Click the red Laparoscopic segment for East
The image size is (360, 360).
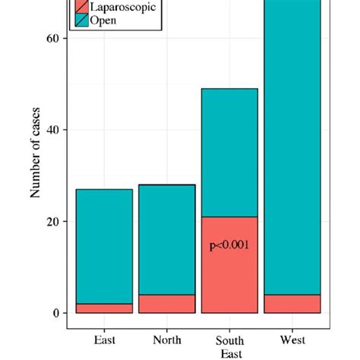click(104, 308)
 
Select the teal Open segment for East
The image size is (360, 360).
click(104, 246)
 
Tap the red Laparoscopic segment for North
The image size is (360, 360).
click(167, 304)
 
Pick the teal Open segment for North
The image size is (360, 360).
click(167, 239)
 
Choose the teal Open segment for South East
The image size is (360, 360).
click(229, 152)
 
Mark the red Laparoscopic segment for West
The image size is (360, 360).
click(292, 304)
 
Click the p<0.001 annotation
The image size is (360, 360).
click(229, 245)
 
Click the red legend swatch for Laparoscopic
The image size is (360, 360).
click(81, 7)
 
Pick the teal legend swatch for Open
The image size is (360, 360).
click(81, 21)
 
